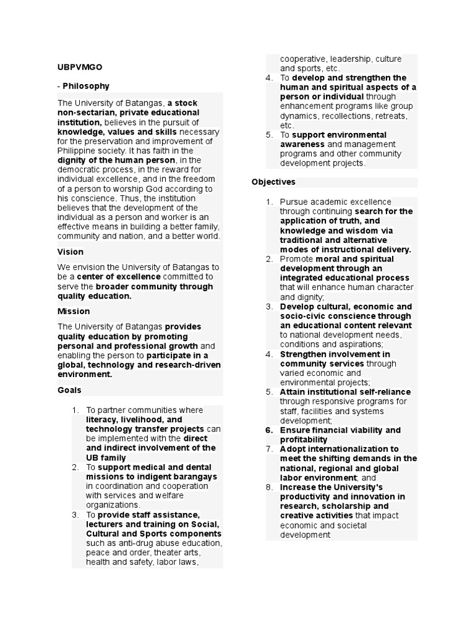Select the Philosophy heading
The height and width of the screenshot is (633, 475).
(85, 86)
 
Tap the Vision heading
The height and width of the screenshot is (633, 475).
(70, 252)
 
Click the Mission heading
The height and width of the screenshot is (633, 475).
(74, 311)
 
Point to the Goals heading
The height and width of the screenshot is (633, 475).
(69, 390)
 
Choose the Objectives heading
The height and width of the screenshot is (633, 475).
(273, 182)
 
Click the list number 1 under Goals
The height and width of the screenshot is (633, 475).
(75, 410)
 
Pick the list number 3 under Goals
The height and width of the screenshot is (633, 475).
(75, 514)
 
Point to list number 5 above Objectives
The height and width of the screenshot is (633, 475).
(269, 135)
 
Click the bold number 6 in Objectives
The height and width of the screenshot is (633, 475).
(269, 430)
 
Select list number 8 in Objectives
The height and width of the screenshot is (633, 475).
(269, 487)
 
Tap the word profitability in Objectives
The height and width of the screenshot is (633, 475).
(304, 440)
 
